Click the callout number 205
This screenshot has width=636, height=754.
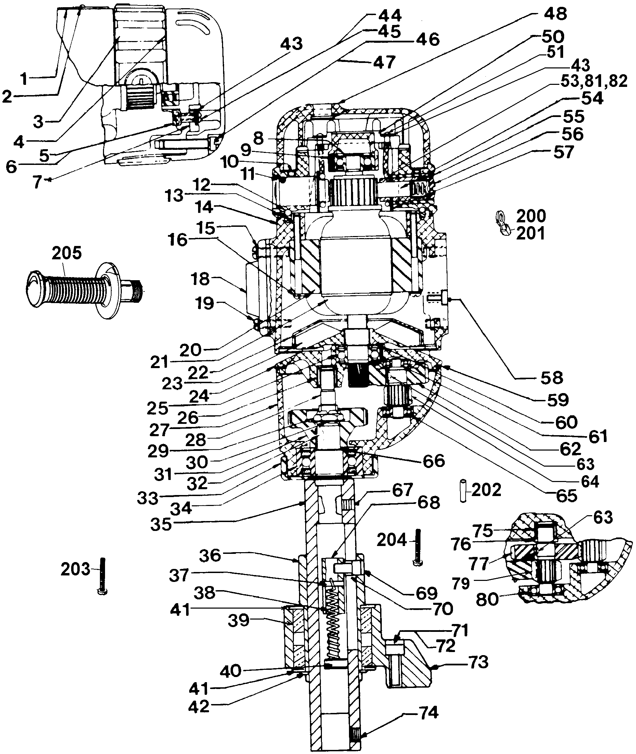pos(67,253)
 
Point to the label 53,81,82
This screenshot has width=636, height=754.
pos(594,82)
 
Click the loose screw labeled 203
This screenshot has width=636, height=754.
pos(103,581)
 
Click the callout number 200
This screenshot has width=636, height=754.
pos(531,216)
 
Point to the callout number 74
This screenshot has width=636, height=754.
pos(429,713)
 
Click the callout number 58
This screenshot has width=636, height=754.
pos(552,378)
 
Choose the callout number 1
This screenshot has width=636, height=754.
pos(24,79)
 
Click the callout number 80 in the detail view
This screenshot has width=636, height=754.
pos(488,600)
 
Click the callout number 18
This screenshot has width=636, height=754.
pos(200,279)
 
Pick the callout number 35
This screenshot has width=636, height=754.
pos(161,524)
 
